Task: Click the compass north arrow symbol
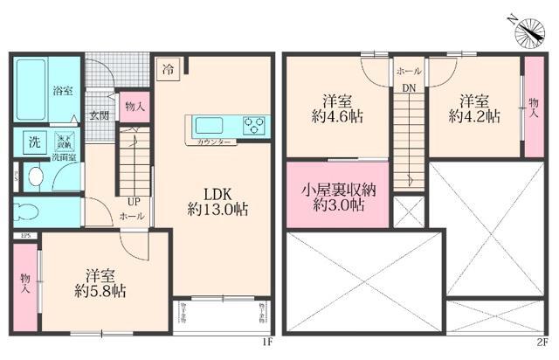[528, 32]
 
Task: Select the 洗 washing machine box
[32, 142]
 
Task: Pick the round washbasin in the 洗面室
[36, 176]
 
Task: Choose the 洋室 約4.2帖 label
[474, 106]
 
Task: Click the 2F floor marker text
[542, 342]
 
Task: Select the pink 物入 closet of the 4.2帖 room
[532, 106]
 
